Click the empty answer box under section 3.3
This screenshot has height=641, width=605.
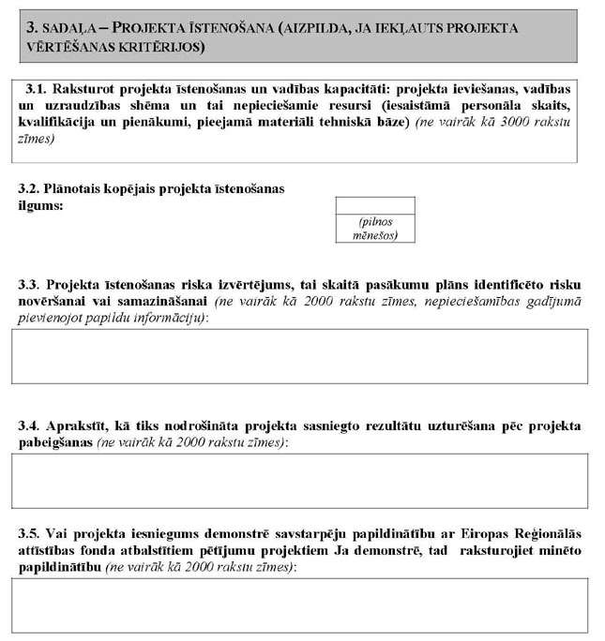(x=299, y=358)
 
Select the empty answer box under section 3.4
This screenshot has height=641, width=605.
(x=299, y=480)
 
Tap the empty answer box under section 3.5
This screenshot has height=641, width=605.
(x=299, y=605)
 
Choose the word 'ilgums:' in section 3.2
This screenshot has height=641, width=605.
(x=39, y=205)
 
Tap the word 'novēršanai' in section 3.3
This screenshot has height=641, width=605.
(x=55, y=302)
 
